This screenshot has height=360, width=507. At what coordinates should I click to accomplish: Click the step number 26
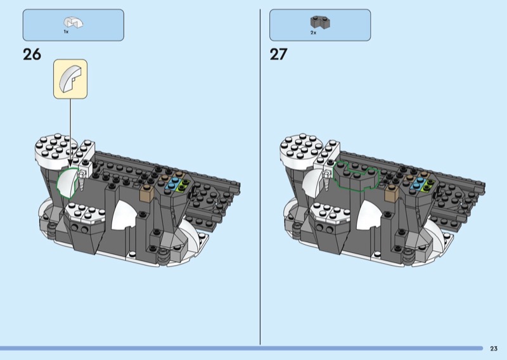click(x=32, y=55)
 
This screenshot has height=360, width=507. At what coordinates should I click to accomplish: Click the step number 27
click(x=278, y=55)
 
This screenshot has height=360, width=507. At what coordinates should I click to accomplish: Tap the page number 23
click(x=494, y=349)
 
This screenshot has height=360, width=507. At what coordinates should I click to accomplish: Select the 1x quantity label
click(x=66, y=32)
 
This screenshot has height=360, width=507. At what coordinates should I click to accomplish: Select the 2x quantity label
click(x=313, y=33)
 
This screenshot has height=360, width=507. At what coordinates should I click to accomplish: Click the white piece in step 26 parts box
click(x=73, y=22)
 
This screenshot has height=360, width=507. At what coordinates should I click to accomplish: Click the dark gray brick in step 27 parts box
click(x=320, y=22)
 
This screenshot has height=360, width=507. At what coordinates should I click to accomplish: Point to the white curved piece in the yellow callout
click(x=70, y=79)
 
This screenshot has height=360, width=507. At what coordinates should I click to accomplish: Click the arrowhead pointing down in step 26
click(x=70, y=164)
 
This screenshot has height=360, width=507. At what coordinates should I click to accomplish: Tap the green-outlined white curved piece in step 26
click(x=67, y=183)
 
